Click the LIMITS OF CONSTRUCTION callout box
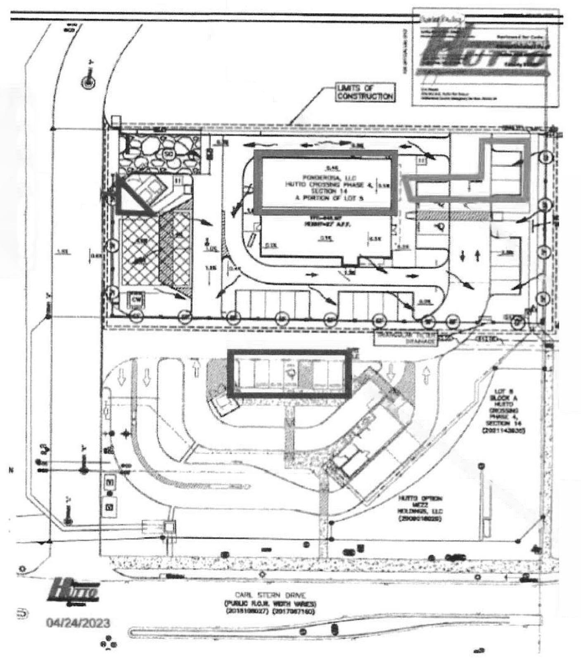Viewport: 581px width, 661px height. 365,92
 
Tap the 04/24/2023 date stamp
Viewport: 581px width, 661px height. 78,622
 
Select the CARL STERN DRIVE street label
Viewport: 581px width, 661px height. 270,595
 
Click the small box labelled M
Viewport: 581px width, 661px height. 110,481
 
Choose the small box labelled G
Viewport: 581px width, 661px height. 110,506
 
